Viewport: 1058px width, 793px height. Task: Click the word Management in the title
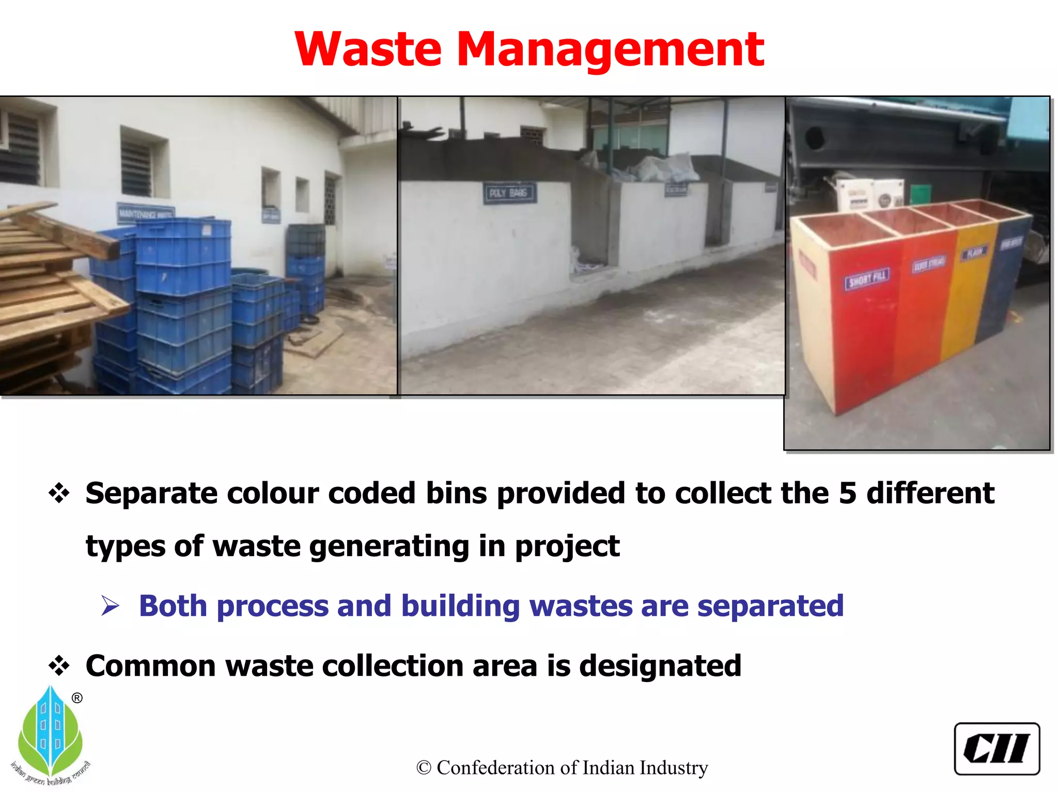point(610,51)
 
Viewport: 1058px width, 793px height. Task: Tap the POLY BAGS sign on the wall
point(509,193)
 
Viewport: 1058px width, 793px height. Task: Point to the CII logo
point(997,749)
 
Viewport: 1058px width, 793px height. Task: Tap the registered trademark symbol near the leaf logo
point(77,699)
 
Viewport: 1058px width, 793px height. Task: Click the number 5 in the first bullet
point(847,493)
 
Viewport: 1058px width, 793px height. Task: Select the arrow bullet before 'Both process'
point(111,606)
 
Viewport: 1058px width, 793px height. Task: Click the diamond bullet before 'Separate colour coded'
point(59,493)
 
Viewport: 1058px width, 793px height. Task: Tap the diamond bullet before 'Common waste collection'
point(59,665)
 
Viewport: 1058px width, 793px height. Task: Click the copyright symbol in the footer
point(424,768)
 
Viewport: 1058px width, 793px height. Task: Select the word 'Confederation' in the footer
point(496,768)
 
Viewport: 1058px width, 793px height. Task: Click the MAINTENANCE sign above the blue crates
point(146,213)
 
